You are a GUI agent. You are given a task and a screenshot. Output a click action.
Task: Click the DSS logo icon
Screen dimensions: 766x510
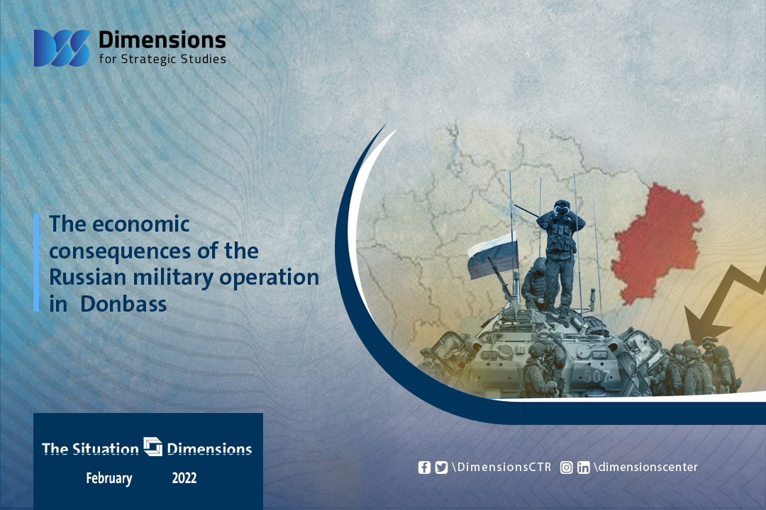(62, 48)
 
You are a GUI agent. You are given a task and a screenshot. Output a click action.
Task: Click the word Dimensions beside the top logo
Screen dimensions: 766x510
(162, 40)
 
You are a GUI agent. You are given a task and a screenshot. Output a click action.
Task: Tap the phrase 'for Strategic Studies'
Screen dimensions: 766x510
(162, 59)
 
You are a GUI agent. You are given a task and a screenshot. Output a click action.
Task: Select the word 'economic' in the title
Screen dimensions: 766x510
(140, 225)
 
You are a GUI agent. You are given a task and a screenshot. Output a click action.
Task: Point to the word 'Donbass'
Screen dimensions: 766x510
(123, 304)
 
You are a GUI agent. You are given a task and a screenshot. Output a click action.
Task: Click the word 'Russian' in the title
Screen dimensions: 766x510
(88, 277)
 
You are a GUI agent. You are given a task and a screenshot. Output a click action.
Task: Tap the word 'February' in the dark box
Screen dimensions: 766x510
(109, 478)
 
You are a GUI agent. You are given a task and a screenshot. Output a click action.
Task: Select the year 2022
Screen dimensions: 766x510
(184, 478)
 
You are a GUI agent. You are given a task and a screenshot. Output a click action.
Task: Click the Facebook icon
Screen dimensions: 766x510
(425, 467)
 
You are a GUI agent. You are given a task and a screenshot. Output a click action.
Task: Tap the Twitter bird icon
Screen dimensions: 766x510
(441, 467)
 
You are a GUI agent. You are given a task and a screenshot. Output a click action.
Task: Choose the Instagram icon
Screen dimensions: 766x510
(566, 467)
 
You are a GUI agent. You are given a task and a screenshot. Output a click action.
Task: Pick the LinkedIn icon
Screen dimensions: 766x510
(583, 467)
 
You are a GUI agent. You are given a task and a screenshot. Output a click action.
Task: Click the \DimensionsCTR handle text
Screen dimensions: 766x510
(501, 467)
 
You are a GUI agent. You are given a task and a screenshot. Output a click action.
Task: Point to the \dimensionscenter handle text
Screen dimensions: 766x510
(646, 467)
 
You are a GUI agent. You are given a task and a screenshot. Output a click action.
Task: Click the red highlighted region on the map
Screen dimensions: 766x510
(657, 243)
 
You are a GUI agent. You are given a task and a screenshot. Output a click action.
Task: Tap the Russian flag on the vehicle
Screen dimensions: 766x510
(492, 255)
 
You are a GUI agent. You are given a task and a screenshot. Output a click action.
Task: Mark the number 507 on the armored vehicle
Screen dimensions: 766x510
(596, 376)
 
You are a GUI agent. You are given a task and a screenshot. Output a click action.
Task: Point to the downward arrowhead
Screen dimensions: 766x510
(704, 326)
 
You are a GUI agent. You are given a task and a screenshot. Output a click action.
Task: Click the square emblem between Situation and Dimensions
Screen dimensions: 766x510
(153, 446)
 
